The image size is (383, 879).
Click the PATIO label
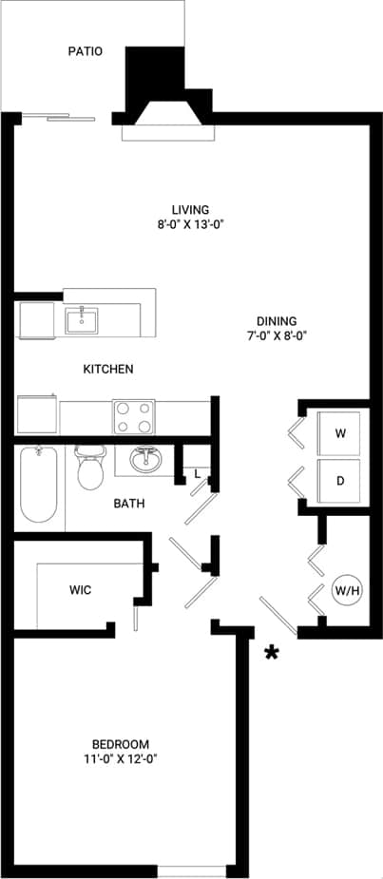[85, 51]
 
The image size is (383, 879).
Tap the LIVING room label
[190, 209]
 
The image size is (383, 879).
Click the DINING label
[277, 320]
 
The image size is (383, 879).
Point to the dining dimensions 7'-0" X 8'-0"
[277, 335]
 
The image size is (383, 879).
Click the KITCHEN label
[108, 369]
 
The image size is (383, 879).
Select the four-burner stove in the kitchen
[134, 416]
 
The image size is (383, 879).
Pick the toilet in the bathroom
[90, 468]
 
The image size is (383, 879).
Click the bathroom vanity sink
[145, 461]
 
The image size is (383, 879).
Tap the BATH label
[129, 504]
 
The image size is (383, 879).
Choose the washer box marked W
[340, 433]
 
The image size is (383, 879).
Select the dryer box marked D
[340, 481]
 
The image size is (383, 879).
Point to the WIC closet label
[80, 590]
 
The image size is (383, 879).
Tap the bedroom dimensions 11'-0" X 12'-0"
[121, 758]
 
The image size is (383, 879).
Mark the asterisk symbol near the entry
[274, 653]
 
